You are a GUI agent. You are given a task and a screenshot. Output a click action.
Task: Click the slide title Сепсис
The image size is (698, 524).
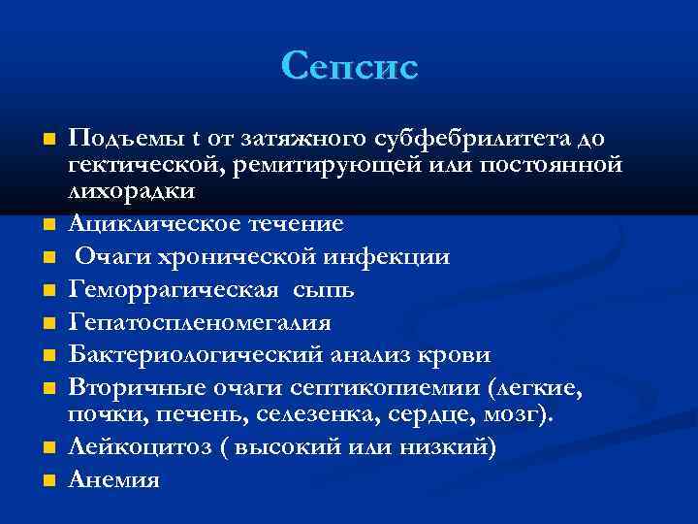(x=349, y=66)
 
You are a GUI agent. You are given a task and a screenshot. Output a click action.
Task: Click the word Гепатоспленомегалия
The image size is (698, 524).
(x=200, y=322)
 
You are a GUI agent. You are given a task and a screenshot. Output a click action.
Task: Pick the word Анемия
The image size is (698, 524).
(x=113, y=480)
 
